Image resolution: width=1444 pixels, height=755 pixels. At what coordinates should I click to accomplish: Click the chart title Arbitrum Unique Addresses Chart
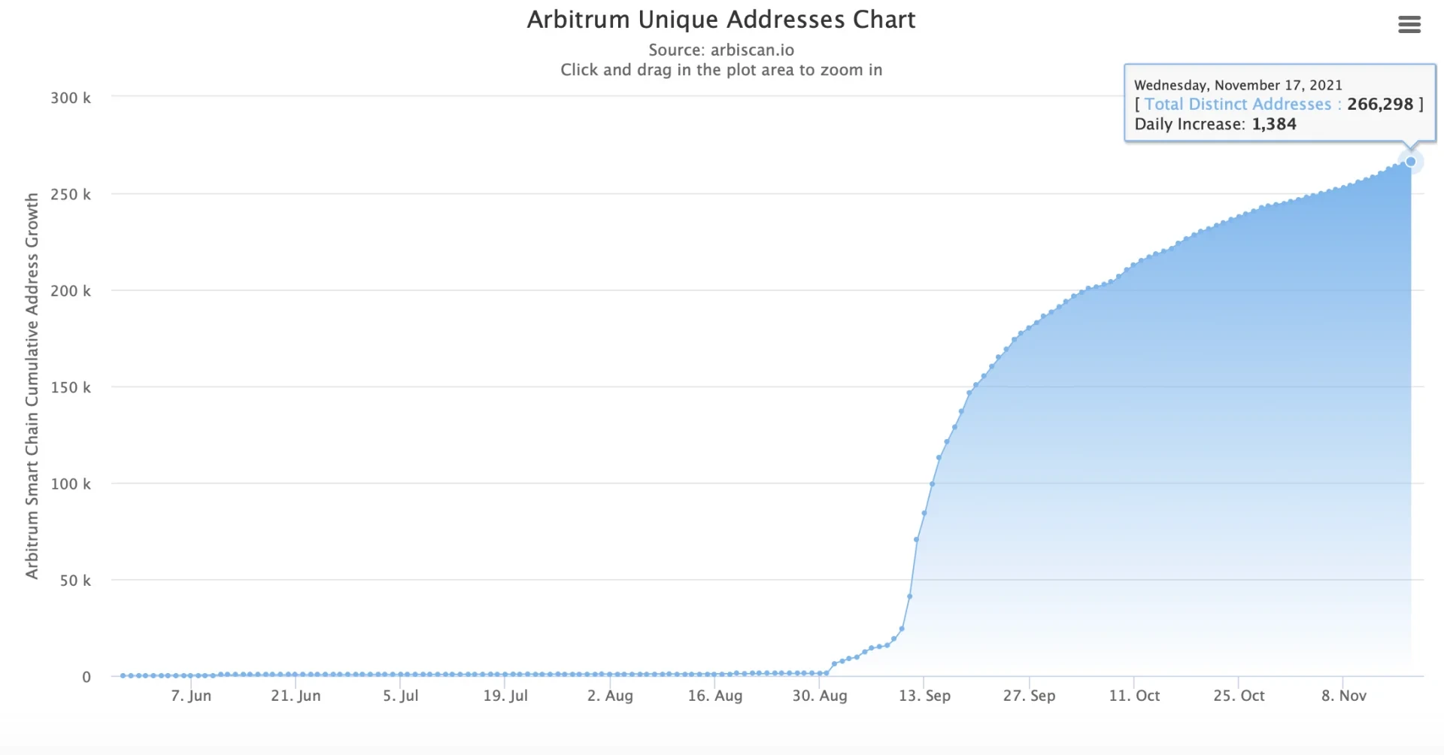click(720, 20)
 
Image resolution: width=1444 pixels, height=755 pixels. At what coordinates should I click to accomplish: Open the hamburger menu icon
click(1409, 25)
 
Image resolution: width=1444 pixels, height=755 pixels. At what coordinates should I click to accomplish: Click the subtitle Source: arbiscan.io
click(720, 50)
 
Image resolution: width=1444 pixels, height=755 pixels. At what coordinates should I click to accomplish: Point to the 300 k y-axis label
click(71, 98)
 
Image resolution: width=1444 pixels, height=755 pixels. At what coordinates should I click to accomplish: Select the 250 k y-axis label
click(71, 195)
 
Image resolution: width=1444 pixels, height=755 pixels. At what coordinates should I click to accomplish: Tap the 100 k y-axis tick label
click(71, 484)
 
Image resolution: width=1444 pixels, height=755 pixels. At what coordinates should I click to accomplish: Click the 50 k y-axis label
click(75, 581)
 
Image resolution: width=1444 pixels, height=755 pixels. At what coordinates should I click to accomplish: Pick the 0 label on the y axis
click(86, 677)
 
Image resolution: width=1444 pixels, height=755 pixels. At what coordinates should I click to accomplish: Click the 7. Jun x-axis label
click(191, 696)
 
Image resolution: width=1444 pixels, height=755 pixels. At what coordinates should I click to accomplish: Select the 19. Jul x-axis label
click(505, 696)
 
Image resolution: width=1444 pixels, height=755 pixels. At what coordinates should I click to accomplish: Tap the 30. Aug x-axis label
click(819, 696)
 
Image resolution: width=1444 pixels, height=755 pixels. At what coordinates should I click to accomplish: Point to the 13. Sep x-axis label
click(924, 696)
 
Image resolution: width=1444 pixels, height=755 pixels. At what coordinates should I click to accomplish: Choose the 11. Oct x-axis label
click(1134, 696)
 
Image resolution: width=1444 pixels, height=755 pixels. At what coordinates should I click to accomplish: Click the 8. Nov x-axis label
click(1343, 696)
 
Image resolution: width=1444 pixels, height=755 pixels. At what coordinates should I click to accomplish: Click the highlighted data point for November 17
click(1411, 162)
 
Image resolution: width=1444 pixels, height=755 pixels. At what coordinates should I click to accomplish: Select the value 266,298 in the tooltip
click(1379, 105)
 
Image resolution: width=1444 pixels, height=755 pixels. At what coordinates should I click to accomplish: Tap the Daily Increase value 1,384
click(1273, 124)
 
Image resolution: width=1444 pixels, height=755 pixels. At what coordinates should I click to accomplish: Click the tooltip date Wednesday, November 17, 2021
click(1238, 85)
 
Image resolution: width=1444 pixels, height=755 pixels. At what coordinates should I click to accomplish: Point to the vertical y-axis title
click(32, 386)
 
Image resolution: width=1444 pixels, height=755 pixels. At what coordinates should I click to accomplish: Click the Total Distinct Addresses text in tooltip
click(1237, 105)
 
